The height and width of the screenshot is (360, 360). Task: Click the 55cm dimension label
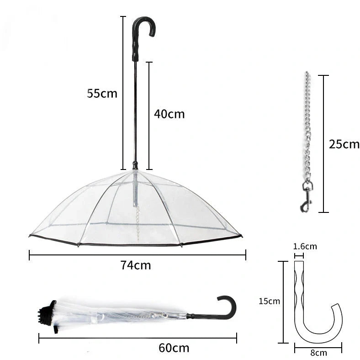point(102,94)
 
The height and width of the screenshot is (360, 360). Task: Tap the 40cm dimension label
point(169,114)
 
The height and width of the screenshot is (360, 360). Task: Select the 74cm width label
point(136,265)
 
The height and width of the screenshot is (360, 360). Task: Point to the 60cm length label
point(174,348)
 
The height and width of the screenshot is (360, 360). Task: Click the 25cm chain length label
point(344,144)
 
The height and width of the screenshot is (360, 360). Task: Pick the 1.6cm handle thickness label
point(305,247)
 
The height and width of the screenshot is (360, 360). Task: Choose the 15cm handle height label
point(269,301)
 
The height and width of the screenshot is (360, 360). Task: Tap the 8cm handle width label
point(318,353)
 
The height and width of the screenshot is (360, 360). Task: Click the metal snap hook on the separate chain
point(307,196)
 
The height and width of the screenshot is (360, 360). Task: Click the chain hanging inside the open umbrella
point(137,219)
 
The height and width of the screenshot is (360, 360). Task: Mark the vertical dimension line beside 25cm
point(324,144)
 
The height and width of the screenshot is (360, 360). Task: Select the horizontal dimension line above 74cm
point(137,254)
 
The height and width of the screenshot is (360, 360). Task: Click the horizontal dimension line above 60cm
point(137,338)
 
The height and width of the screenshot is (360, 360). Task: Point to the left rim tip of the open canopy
point(30,236)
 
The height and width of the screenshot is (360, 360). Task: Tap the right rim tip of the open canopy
point(241,236)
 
